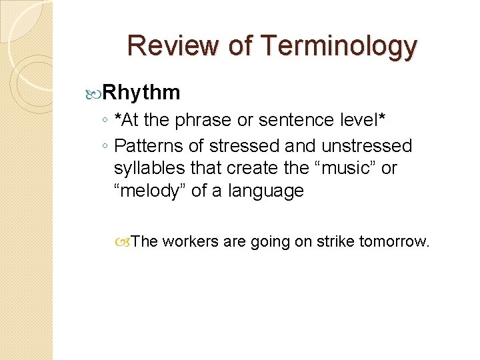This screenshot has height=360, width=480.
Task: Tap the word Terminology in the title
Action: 339,46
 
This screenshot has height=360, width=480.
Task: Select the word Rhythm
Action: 142,92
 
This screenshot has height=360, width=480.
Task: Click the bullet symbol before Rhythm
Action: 95,93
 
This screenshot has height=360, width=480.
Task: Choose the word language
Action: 266,191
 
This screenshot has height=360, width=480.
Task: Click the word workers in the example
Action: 190,241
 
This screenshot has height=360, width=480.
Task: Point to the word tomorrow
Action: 394,241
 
